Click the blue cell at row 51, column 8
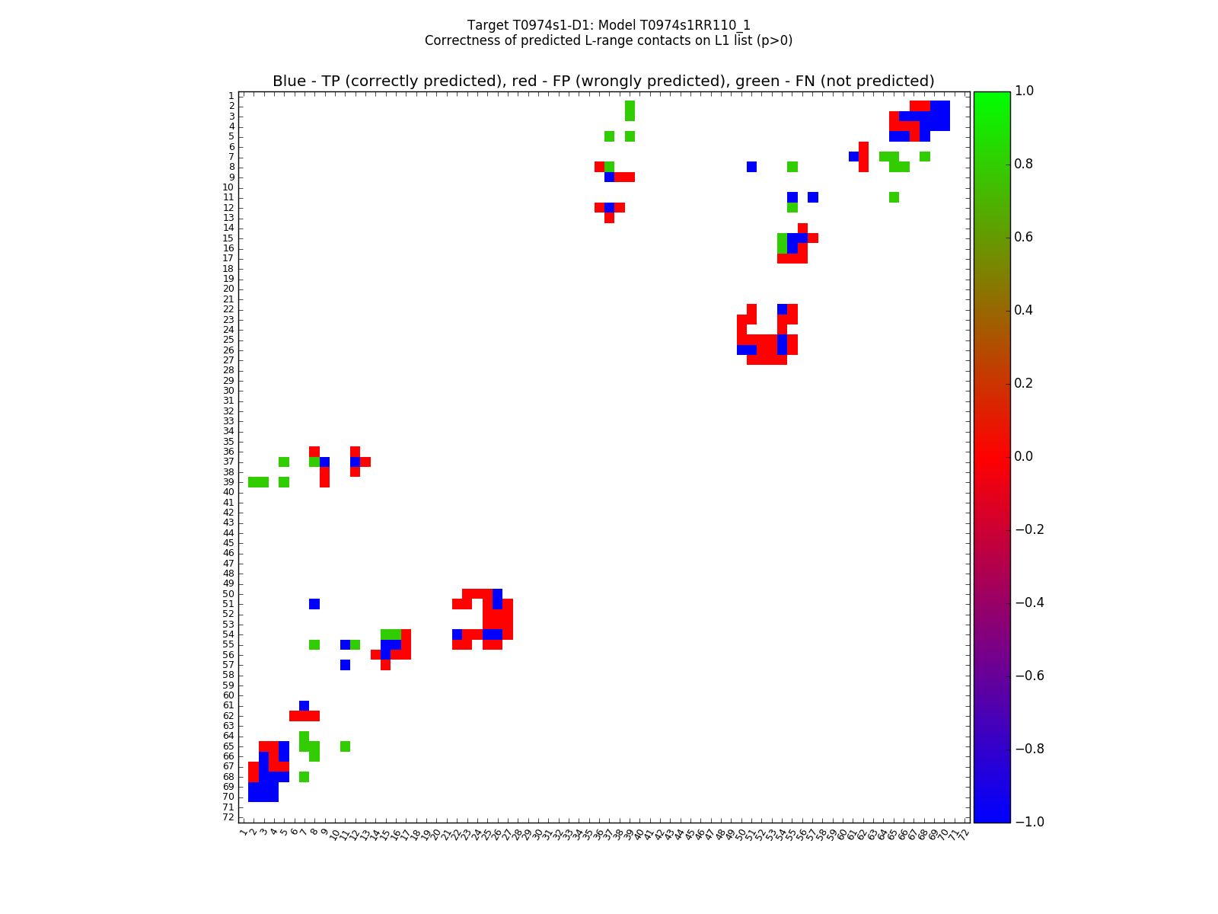coord(314,604)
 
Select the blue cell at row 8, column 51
coord(751,167)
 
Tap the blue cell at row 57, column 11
coord(345,665)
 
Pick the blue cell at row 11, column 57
coord(813,197)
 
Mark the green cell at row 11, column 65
coord(894,197)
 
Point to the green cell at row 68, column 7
coord(304,777)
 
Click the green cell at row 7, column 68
coord(924,157)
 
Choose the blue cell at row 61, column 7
coord(304,705)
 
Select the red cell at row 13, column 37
coord(609,218)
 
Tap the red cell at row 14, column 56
coord(802,228)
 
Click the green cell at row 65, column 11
coord(345,746)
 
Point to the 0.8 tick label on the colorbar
coord(1025,165)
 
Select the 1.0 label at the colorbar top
coord(1025,91)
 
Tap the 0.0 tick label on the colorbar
coord(1025,457)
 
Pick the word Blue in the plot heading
coord(289,81)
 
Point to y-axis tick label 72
coord(228,817)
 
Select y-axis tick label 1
coord(231,96)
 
